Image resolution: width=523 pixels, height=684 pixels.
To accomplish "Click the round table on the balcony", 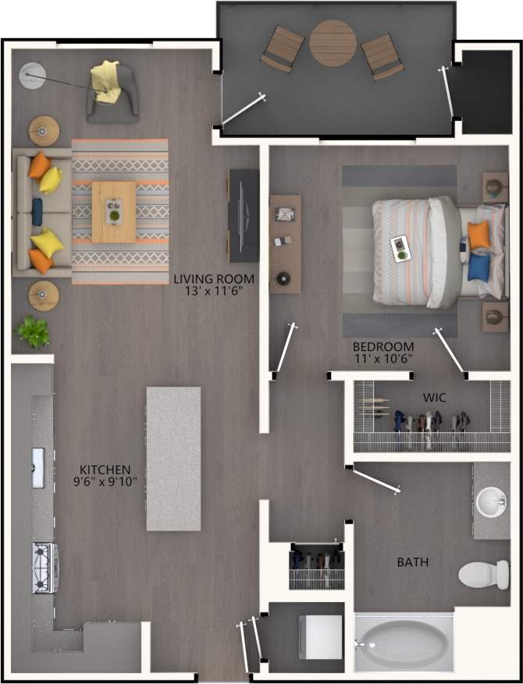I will pyautogui.click(x=333, y=43).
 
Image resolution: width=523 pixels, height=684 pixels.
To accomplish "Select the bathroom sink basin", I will pyautogui.click(x=491, y=501).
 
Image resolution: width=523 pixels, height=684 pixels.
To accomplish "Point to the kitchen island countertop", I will pyautogui.click(x=173, y=458).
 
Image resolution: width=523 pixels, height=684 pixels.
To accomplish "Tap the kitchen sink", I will pyautogui.click(x=38, y=467).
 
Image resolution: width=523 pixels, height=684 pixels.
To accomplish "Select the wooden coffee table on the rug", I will pyautogui.click(x=114, y=211).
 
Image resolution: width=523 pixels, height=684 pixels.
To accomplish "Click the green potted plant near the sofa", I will pyautogui.click(x=32, y=331).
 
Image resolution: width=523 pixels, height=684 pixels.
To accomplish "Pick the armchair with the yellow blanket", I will pyautogui.click(x=112, y=92).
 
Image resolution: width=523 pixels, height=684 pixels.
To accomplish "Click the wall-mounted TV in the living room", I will pyautogui.click(x=243, y=215).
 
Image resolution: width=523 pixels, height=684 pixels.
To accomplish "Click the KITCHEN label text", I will pyautogui.click(x=102, y=475).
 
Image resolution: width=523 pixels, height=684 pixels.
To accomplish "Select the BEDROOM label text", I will pyautogui.click(x=382, y=353).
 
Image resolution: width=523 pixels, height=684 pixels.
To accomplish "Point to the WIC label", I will pyautogui.click(x=435, y=398).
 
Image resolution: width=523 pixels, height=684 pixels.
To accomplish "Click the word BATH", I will pyautogui.click(x=413, y=562).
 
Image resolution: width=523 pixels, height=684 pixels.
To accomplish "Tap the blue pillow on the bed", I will pyautogui.click(x=479, y=267).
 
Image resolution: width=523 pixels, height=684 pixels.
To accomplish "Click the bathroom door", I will pyautogui.click(x=376, y=480).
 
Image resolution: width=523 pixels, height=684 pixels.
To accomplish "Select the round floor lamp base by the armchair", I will pyautogui.click(x=32, y=76).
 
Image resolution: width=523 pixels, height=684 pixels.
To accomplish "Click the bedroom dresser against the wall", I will pyautogui.click(x=285, y=243).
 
